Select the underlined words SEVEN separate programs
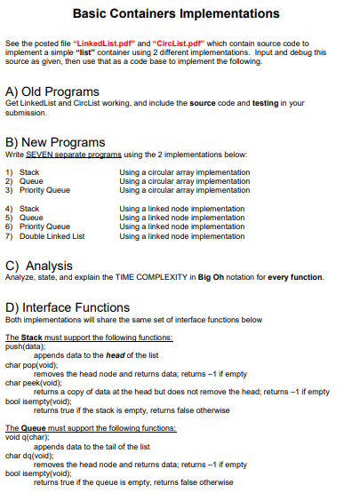click(x=71, y=155)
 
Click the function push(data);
click(x=25, y=346)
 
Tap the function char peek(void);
click(x=34, y=383)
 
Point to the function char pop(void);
click(x=32, y=364)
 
